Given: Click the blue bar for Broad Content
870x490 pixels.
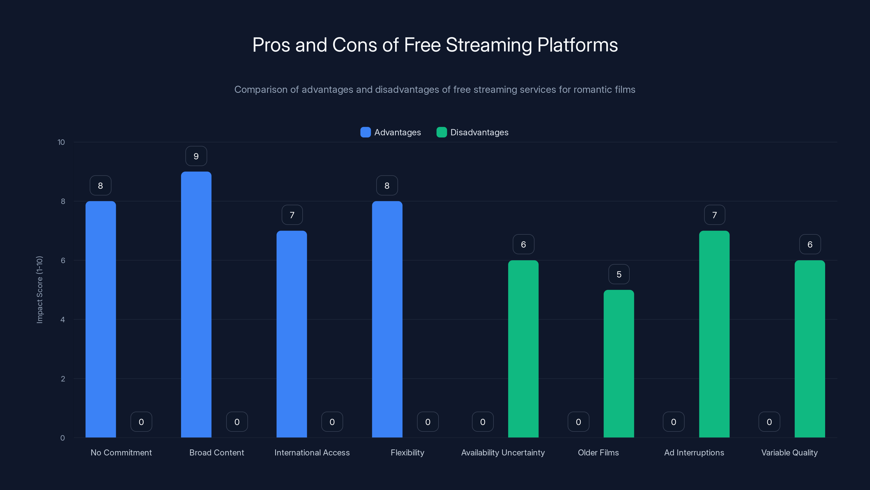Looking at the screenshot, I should (196, 304).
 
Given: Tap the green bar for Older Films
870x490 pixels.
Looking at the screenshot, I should (619, 363).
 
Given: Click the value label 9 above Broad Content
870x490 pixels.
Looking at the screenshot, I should (196, 156).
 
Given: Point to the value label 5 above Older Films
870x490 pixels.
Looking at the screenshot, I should (619, 274).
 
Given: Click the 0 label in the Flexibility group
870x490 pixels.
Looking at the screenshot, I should (428, 422).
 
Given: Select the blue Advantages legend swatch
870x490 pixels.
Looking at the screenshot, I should (365, 132).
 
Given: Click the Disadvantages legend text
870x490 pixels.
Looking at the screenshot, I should (479, 132).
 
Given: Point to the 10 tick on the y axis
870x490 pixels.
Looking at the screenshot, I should (61, 142).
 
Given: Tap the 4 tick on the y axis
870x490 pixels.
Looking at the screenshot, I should (63, 320).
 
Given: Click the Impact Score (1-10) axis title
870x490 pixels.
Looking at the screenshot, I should (39, 290).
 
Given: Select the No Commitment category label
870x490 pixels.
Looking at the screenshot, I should (121, 452).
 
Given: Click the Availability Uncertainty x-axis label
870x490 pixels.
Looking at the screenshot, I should (503, 452).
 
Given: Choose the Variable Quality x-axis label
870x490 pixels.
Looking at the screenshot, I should (789, 452).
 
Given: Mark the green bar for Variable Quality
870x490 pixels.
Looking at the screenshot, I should (810, 348).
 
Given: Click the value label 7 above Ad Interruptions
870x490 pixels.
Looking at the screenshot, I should (714, 215).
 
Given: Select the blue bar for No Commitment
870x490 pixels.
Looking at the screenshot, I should (101, 320).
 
